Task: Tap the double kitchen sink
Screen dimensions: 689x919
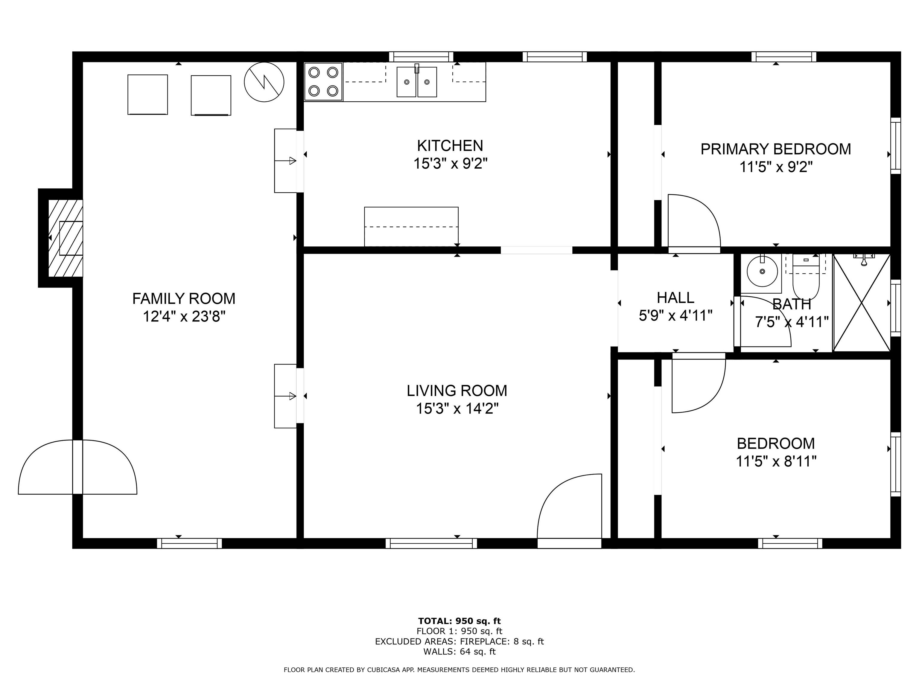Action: pos(416,82)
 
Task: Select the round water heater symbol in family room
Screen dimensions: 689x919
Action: pos(264,82)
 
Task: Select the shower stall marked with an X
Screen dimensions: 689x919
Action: pos(862,303)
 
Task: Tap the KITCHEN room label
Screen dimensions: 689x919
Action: pos(450,146)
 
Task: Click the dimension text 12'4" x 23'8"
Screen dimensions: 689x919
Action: pos(184,317)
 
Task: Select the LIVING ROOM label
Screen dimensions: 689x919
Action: pos(457,391)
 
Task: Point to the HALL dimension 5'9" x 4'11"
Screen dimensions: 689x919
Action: pos(675,315)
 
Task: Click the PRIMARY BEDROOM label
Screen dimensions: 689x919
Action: pos(775,149)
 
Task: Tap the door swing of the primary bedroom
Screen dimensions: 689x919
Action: pos(694,222)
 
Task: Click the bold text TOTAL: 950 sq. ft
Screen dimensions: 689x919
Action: pos(459,621)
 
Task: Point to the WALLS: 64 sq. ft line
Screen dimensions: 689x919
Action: pos(459,652)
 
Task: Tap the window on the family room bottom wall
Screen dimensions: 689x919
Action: pos(189,543)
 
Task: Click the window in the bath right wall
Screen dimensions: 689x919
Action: pos(895,308)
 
